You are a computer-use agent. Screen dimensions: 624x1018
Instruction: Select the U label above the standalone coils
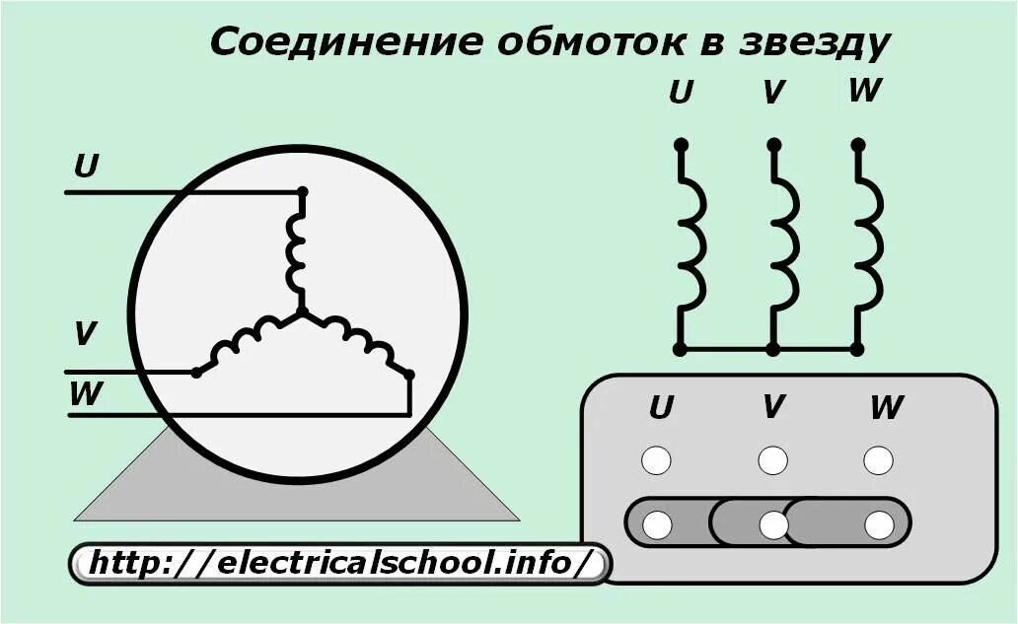point(681,94)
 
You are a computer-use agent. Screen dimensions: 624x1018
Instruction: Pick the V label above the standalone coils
point(773,94)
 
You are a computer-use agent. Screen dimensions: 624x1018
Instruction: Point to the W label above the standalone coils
point(864,91)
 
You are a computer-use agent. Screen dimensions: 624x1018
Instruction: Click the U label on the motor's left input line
point(87,167)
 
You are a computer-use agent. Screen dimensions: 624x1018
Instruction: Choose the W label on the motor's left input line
point(86,394)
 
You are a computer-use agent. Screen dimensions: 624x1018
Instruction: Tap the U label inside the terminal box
point(661,407)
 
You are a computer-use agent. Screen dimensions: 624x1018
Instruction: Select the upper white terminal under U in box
point(656,460)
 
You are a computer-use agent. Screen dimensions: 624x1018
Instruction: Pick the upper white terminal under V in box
point(772,460)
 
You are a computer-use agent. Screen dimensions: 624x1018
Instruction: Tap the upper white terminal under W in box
point(878,460)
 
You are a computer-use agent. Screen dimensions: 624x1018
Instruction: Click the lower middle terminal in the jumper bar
point(773,525)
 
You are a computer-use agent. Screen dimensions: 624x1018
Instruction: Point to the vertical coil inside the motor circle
point(297,251)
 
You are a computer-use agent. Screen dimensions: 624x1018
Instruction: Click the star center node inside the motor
point(302,312)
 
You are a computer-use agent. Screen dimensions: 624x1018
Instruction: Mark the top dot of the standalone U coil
point(680,145)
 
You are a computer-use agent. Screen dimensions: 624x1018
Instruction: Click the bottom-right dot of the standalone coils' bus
point(857,349)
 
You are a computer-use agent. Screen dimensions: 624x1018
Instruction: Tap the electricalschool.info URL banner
point(340,565)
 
